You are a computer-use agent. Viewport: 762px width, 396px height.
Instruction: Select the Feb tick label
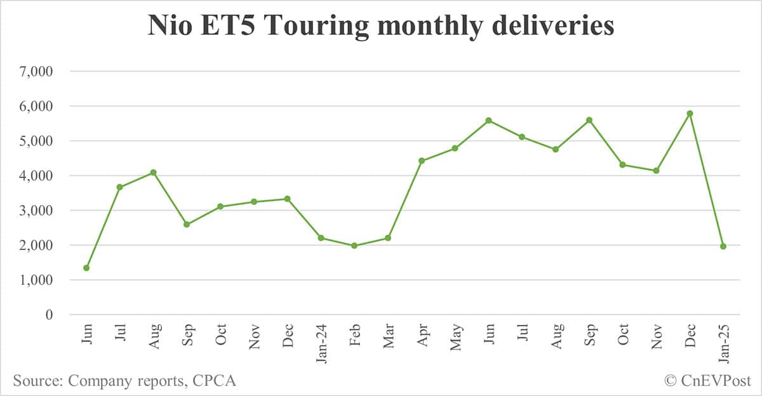coord(354,335)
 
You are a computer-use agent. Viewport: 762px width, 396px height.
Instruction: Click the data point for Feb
coord(354,246)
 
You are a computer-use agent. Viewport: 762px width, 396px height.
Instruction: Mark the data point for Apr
coord(421,161)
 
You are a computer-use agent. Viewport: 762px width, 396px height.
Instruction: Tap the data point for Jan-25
coord(723,246)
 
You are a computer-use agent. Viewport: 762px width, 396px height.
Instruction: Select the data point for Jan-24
coord(321,238)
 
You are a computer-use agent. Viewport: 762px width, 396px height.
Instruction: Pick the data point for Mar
coord(388,238)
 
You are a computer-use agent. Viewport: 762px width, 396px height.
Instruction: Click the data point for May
coord(455,148)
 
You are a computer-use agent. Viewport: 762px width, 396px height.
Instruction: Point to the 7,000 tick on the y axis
coord(37,72)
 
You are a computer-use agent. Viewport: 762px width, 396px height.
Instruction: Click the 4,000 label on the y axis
coord(37,176)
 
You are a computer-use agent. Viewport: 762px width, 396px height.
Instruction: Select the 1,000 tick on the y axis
coord(37,280)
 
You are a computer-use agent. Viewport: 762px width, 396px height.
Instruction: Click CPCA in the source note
coord(215,381)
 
